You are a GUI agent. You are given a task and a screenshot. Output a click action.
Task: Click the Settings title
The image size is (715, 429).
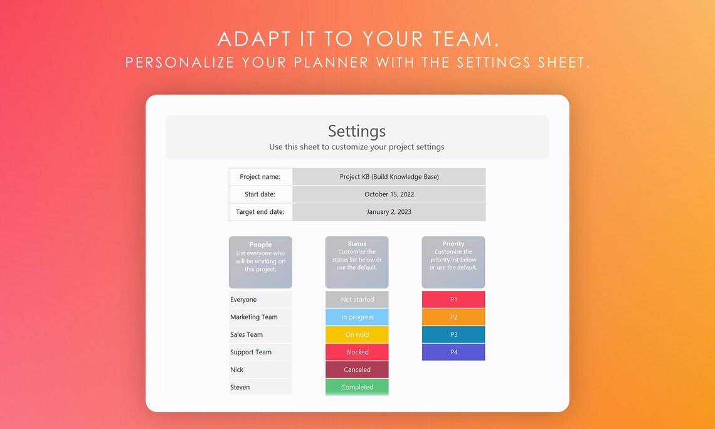tap(357, 131)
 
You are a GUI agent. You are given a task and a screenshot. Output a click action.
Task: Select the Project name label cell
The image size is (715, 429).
tap(260, 177)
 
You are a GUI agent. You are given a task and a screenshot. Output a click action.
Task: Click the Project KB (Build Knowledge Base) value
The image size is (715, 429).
tap(389, 177)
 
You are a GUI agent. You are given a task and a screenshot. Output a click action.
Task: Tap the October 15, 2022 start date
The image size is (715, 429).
tap(389, 194)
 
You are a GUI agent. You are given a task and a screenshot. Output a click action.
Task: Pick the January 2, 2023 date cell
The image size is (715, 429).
tap(389, 212)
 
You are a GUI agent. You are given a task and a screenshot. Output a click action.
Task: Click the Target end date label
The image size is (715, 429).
tap(260, 212)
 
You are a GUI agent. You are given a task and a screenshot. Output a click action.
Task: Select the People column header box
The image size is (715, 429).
tap(260, 262)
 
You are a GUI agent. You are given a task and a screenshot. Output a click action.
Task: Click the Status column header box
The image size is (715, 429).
tap(357, 262)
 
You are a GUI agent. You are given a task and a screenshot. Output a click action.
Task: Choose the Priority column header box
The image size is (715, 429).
tap(453, 262)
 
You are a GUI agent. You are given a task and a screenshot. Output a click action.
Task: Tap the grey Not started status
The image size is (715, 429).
tap(357, 300)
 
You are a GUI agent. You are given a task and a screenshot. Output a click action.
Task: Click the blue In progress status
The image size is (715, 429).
tap(357, 317)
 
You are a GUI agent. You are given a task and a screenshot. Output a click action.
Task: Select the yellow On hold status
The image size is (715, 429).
tap(357, 335)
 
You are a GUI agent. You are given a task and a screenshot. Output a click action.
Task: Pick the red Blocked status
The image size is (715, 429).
tap(357, 352)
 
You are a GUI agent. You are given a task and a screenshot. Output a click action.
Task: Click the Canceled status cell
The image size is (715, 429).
tap(357, 370)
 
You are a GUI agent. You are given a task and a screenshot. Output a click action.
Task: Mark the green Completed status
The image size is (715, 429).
tap(357, 387)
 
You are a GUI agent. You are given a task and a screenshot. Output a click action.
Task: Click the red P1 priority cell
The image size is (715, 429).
tap(453, 300)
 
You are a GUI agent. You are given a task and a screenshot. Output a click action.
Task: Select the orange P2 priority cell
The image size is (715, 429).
tap(453, 317)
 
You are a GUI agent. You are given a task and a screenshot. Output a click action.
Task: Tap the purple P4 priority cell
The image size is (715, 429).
tap(453, 352)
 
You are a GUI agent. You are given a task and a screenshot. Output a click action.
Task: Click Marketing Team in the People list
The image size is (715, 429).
tap(253, 317)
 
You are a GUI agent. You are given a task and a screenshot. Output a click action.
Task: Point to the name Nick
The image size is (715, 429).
tap(237, 370)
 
